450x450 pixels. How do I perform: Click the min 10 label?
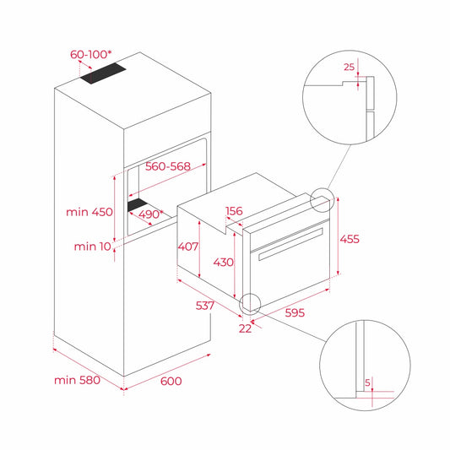point(93,246)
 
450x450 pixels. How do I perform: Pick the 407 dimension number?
point(187,247)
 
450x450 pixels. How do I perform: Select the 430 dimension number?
point(223,262)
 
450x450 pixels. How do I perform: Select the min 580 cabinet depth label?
point(77,380)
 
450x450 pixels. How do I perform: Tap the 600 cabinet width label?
point(171,381)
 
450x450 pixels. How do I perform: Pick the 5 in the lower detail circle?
point(368,382)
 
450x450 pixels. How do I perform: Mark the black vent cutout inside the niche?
point(143,205)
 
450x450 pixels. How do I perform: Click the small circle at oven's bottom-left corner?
point(249,302)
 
